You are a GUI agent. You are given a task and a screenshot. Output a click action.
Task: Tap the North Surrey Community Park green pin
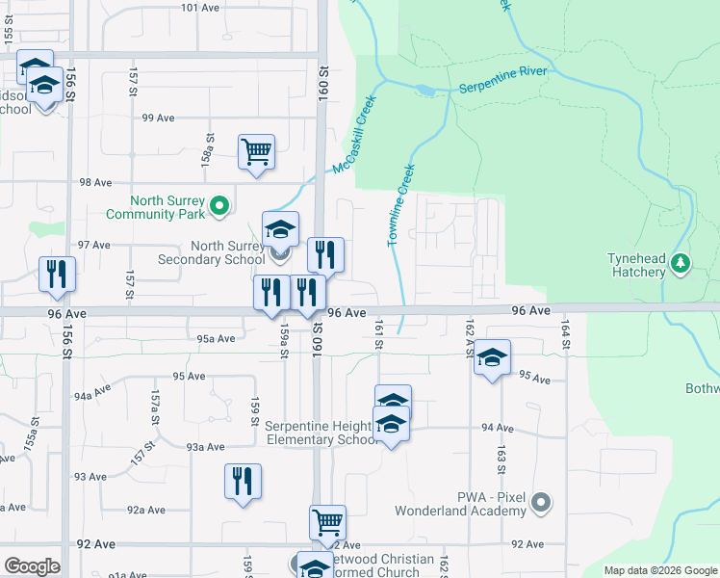tap(219, 205)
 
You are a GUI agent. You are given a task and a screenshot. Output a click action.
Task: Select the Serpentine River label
tap(503, 81)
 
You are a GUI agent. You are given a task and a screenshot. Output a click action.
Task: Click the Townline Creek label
tap(400, 205)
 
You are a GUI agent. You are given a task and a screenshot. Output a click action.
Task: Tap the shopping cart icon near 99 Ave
tap(256, 152)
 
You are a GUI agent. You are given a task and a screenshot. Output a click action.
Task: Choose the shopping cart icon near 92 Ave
tap(327, 522)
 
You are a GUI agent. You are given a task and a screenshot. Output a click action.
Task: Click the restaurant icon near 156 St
tap(58, 274)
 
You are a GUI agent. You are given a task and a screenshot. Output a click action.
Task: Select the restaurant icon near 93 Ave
tap(243, 482)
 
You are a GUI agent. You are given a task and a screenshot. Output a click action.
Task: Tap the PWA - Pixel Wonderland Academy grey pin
tap(542, 503)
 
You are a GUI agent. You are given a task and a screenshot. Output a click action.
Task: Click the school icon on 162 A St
tap(492, 358)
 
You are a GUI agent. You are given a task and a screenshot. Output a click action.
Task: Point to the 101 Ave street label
tap(200, 8)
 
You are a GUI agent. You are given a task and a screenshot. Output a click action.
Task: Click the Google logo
tap(32, 566)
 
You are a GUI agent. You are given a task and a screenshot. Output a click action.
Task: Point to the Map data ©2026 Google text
tap(661, 570)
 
